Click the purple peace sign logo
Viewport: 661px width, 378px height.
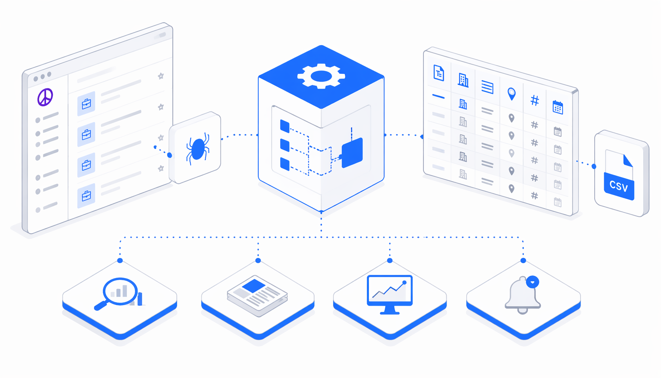pyautogui.click(x=45, y=97)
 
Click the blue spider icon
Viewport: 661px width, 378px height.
pyautogui.click(x=198, y=149)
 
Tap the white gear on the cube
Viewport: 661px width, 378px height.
pyautogui.click(x=321, y=76)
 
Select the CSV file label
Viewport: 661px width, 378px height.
pyautogui.click(x=619, y=186)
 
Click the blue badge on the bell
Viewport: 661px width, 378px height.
pyautogui.click(x=532, y=282)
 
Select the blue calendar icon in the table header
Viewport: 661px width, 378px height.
pyautogui.click(x=558, y=107)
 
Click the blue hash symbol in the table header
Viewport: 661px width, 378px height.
pyautogui.click(x=534, y=100)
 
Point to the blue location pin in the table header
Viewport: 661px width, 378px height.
pyautogui.click(x=511, y=94)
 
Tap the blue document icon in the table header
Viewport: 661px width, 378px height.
pyautogui.click(x=439, y=73)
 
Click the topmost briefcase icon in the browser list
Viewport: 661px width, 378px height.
pyautogui.click(x=86, y=104)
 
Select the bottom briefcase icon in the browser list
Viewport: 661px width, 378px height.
pyautogui.click(x=86, y=196)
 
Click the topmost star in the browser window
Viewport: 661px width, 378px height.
pyautogui.click(x=161, y=76)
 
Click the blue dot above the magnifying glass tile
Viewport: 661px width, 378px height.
pyautogui.click(x=120, y=261)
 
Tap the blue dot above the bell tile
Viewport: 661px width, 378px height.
pyautogui.click(x=523, y=261)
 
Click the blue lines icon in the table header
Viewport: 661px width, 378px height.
pyautogui.click(x=487, y=87)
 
